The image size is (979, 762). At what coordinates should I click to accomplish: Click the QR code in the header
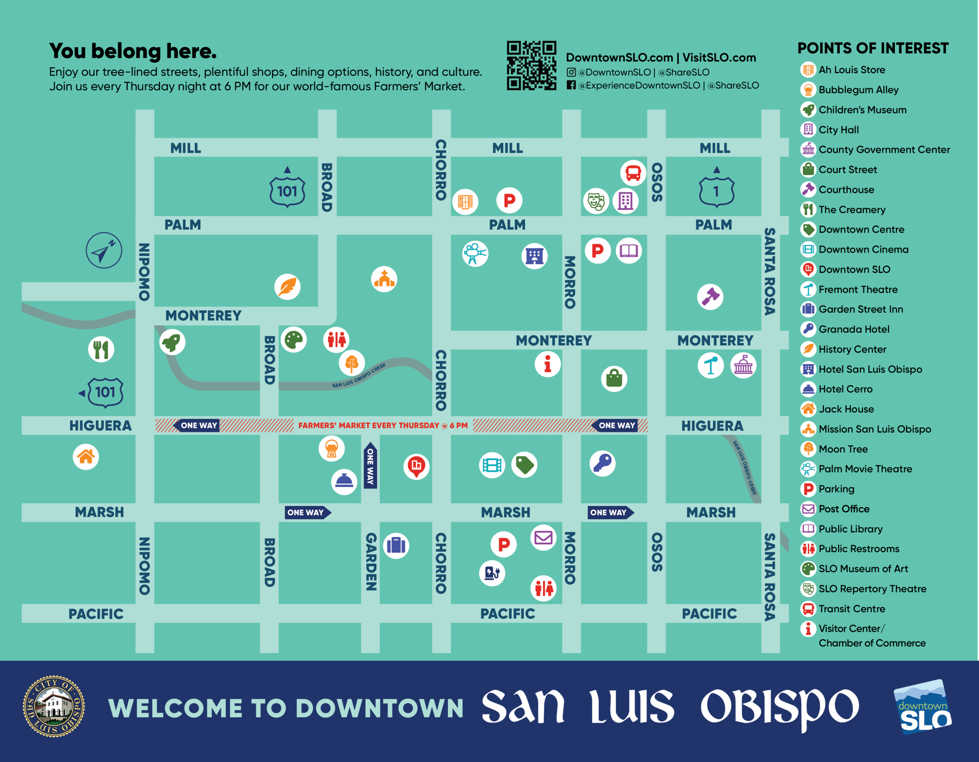pos(531,65)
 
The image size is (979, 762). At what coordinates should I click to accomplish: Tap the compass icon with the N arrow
pos(104,250)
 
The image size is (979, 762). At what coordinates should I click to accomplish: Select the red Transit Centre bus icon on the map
pos(633,173)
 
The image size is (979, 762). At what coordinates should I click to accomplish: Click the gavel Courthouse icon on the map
pos(710,297)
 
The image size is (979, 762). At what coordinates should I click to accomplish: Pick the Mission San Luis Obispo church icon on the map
pos(384,279)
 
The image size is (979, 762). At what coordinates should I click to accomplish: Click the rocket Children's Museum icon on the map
pos(172,342)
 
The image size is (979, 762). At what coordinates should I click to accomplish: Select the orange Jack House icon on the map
pos(86,457)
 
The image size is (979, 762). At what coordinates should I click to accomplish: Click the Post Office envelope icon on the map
pos(543,537)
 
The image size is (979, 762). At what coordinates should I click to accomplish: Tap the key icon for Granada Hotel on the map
pos(602,463)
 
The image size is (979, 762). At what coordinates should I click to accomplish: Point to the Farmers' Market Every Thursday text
pos(383,425)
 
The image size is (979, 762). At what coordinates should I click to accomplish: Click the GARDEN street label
pos(371,561)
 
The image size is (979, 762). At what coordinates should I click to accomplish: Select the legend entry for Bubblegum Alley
pos(858,90)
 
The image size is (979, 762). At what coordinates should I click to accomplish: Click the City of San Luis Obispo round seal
pos(54,707)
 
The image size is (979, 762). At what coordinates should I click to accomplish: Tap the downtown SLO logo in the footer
pos(924,708)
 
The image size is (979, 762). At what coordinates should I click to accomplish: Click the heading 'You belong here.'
pos(133,51)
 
